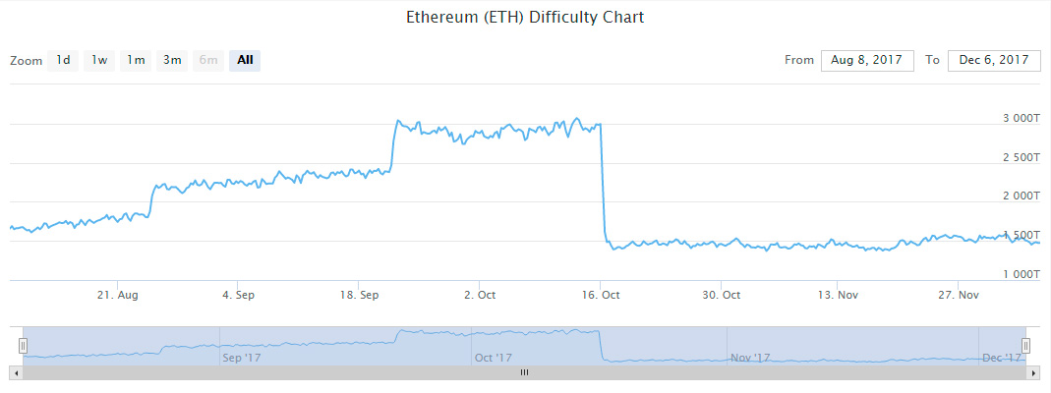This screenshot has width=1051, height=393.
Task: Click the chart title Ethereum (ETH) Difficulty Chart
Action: (525, 18)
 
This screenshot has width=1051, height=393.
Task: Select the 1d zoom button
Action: (63, 60)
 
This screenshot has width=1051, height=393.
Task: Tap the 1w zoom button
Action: (99, 60)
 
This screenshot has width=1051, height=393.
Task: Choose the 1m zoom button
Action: (136, 60)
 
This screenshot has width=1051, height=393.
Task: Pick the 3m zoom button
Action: (172, 60)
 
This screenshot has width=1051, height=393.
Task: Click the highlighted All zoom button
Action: (245, 60)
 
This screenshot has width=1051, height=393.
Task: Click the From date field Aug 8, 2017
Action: (867, 60)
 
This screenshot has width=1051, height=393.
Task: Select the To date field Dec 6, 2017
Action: (994, 60)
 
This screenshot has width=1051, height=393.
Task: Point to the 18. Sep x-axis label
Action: (359, 295)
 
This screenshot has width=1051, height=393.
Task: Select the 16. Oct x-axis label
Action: (600, 295)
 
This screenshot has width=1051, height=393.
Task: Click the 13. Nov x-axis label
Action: (841, 295)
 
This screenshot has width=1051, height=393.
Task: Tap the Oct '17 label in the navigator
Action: (493, 358)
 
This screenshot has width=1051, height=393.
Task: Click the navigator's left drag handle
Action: (23, 345)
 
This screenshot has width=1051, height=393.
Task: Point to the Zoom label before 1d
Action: (27, 61)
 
